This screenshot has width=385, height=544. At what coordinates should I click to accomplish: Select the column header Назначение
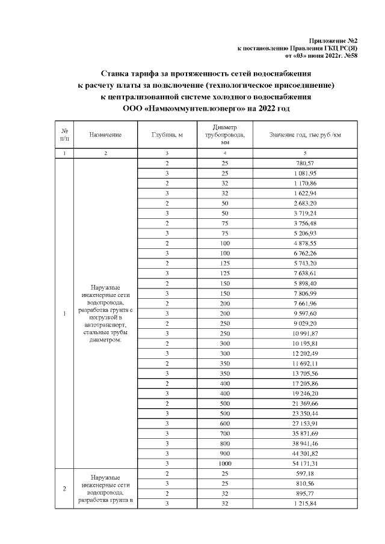(x=105, y=135)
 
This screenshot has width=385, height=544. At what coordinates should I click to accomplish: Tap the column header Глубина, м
(x=166, y=135)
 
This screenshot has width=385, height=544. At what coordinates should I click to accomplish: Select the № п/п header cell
(x=64, y=135)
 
